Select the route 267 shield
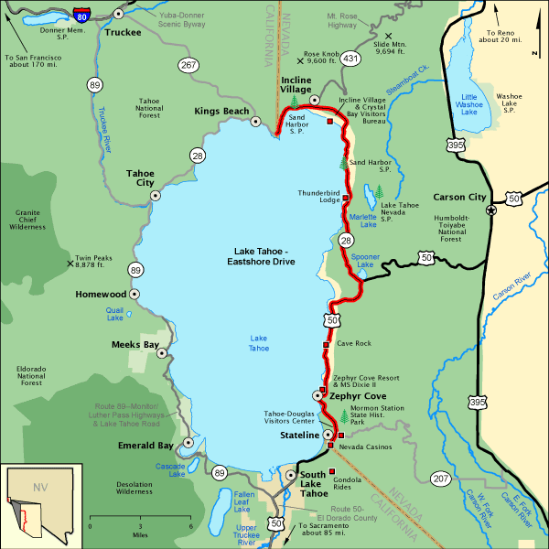[188, 65]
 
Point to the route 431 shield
[350, 59]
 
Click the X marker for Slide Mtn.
[375, 36]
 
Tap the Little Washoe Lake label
[469, 104]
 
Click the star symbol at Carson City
[491, 210]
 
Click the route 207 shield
[441, 478]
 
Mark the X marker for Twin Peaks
[70, 264]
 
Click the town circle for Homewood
[135, 295]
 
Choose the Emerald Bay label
[145, 446]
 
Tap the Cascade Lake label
[170, 469]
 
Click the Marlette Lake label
[363, 220]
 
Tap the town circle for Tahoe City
[156, 195]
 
